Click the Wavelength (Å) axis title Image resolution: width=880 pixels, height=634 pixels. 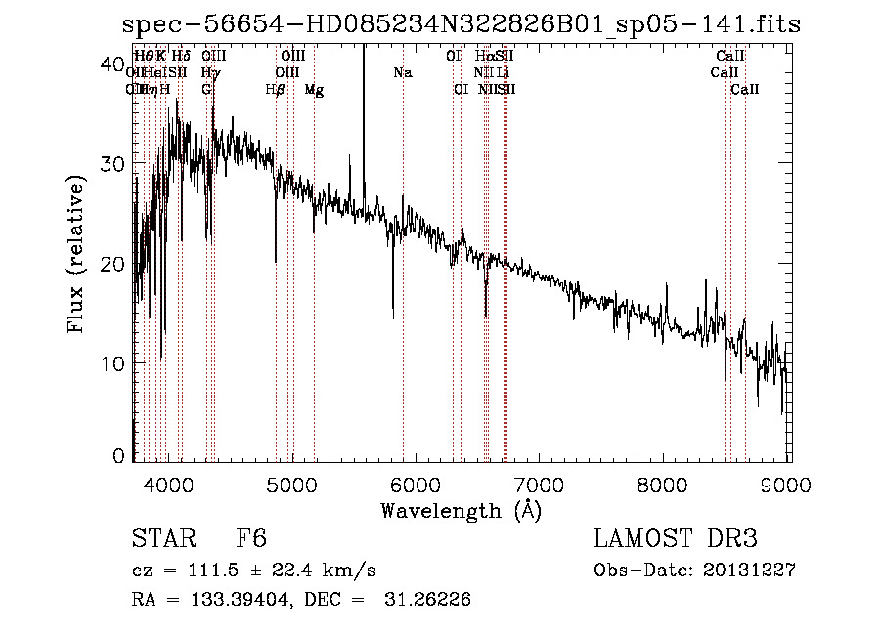[x=461, y=510]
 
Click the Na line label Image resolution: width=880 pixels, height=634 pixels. [x=402, y=73]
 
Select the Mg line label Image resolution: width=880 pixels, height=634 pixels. [x=314, y=90]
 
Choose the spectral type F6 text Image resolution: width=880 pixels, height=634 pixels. [x=251, y=540]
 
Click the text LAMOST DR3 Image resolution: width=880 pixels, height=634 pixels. [x=675, y=540]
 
